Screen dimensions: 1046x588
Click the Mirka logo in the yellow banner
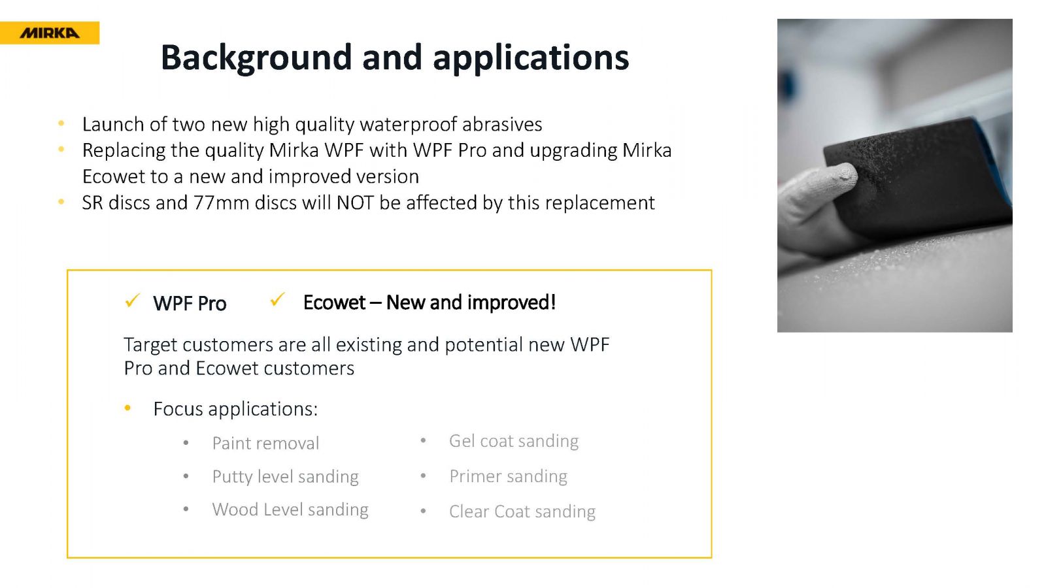[50, 33]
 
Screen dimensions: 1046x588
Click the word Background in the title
[256, 58]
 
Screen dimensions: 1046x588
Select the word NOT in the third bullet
[355, 203]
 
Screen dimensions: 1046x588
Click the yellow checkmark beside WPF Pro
[132, 300]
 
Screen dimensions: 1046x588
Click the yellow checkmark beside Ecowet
[277, 299]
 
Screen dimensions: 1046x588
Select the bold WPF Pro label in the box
[190, 304]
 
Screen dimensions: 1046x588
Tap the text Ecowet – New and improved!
[430, 302]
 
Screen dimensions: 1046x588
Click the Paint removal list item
[265, 444]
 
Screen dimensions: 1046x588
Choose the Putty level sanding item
[285, 477]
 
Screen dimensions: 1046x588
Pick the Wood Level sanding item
[290, 510]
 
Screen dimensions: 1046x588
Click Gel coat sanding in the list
[514, 441]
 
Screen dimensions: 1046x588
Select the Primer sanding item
[508, 476]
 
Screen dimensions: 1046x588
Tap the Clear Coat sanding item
[522, 512]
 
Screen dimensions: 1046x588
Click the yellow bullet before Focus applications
[127, 408]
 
